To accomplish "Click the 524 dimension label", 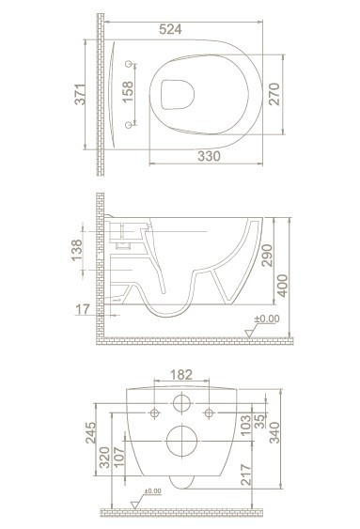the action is pyautogui.click(x=170, y=29).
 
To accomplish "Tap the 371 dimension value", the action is pyautogui.click(x=80, y=95).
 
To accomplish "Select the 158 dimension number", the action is pyautogui.click(x=128, y=92).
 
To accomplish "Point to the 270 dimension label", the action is pyautogui.click(x=274, y=94).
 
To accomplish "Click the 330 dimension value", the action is pyautogui.click(x=209, y=156).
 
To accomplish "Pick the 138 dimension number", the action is pyautogui.click(x=77, y=250).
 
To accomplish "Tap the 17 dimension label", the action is pyautogui.click(x=83, y=309).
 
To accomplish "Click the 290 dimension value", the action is pyautogui.click(x=267, y=256).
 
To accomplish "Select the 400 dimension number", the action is pyautogui.click(x=282, y=286).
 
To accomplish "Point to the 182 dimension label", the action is pyautogui.click(x=181, y=375).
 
